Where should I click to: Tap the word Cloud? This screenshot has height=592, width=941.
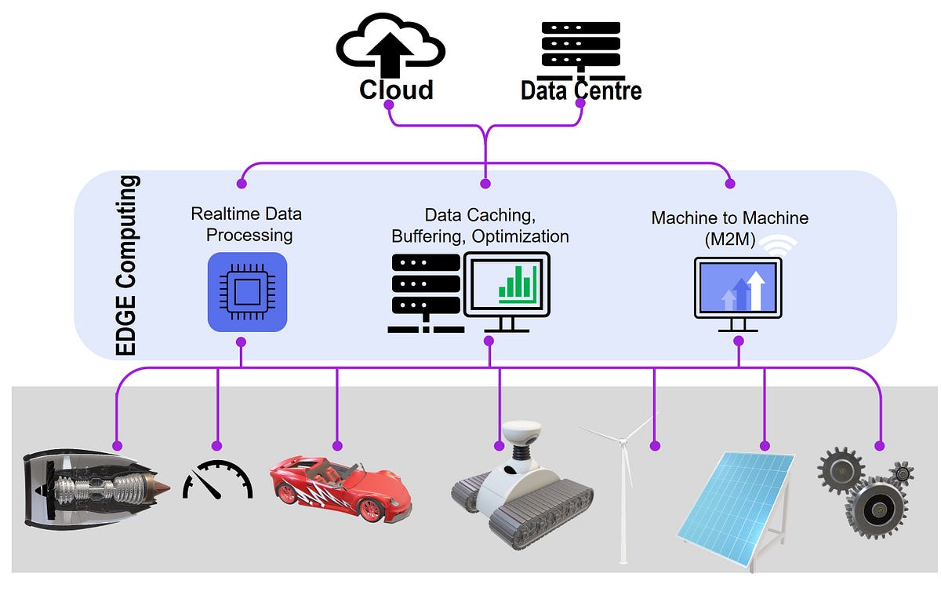396,90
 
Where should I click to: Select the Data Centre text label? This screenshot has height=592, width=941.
581,91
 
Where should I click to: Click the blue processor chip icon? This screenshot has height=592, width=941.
247,292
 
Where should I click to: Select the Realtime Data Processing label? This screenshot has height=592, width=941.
246,225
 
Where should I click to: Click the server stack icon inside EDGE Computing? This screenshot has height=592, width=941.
424,291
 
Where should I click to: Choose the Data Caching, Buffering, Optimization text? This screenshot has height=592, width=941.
480,225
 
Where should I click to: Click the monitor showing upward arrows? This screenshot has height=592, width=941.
738,287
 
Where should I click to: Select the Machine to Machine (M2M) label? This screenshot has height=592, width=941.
729,228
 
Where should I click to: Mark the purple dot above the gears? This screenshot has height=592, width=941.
879,446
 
